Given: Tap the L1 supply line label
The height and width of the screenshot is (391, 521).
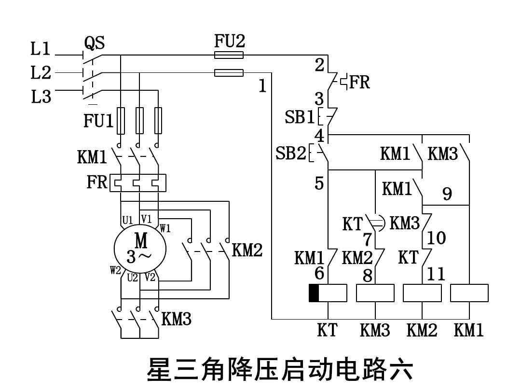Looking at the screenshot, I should tap(41, 48).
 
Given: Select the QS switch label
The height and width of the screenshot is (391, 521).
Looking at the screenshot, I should tap(95, 43).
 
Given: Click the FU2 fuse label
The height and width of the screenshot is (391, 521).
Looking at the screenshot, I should tap(229, 42).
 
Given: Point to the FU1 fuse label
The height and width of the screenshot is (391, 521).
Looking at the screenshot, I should tap(98, 121).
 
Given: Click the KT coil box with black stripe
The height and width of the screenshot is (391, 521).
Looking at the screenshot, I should tap(328, 293).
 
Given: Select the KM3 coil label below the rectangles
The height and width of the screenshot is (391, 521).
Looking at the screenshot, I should tap(375, 331).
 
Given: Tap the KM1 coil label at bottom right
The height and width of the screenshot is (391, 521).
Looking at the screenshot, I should tap(468, 331).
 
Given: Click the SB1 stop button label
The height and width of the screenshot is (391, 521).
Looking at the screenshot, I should tap(300, 117).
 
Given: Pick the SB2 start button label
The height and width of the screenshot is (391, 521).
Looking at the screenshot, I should tap(291, 154).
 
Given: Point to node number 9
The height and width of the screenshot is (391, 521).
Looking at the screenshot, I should tap(447, 194).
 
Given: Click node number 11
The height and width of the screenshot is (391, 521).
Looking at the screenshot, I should tap(436, 274).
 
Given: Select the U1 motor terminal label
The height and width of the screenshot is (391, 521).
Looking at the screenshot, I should tap(127, 220).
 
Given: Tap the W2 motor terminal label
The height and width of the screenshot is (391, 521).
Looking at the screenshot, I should tap(115, 270).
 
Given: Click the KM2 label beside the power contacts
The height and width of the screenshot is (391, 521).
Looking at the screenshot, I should tap(247, 250).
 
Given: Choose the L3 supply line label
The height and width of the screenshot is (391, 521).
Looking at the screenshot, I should tap(41, 97).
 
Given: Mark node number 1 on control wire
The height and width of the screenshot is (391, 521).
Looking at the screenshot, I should tap(262, 86).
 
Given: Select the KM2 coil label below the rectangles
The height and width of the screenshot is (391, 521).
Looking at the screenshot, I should tap(422, 331).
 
